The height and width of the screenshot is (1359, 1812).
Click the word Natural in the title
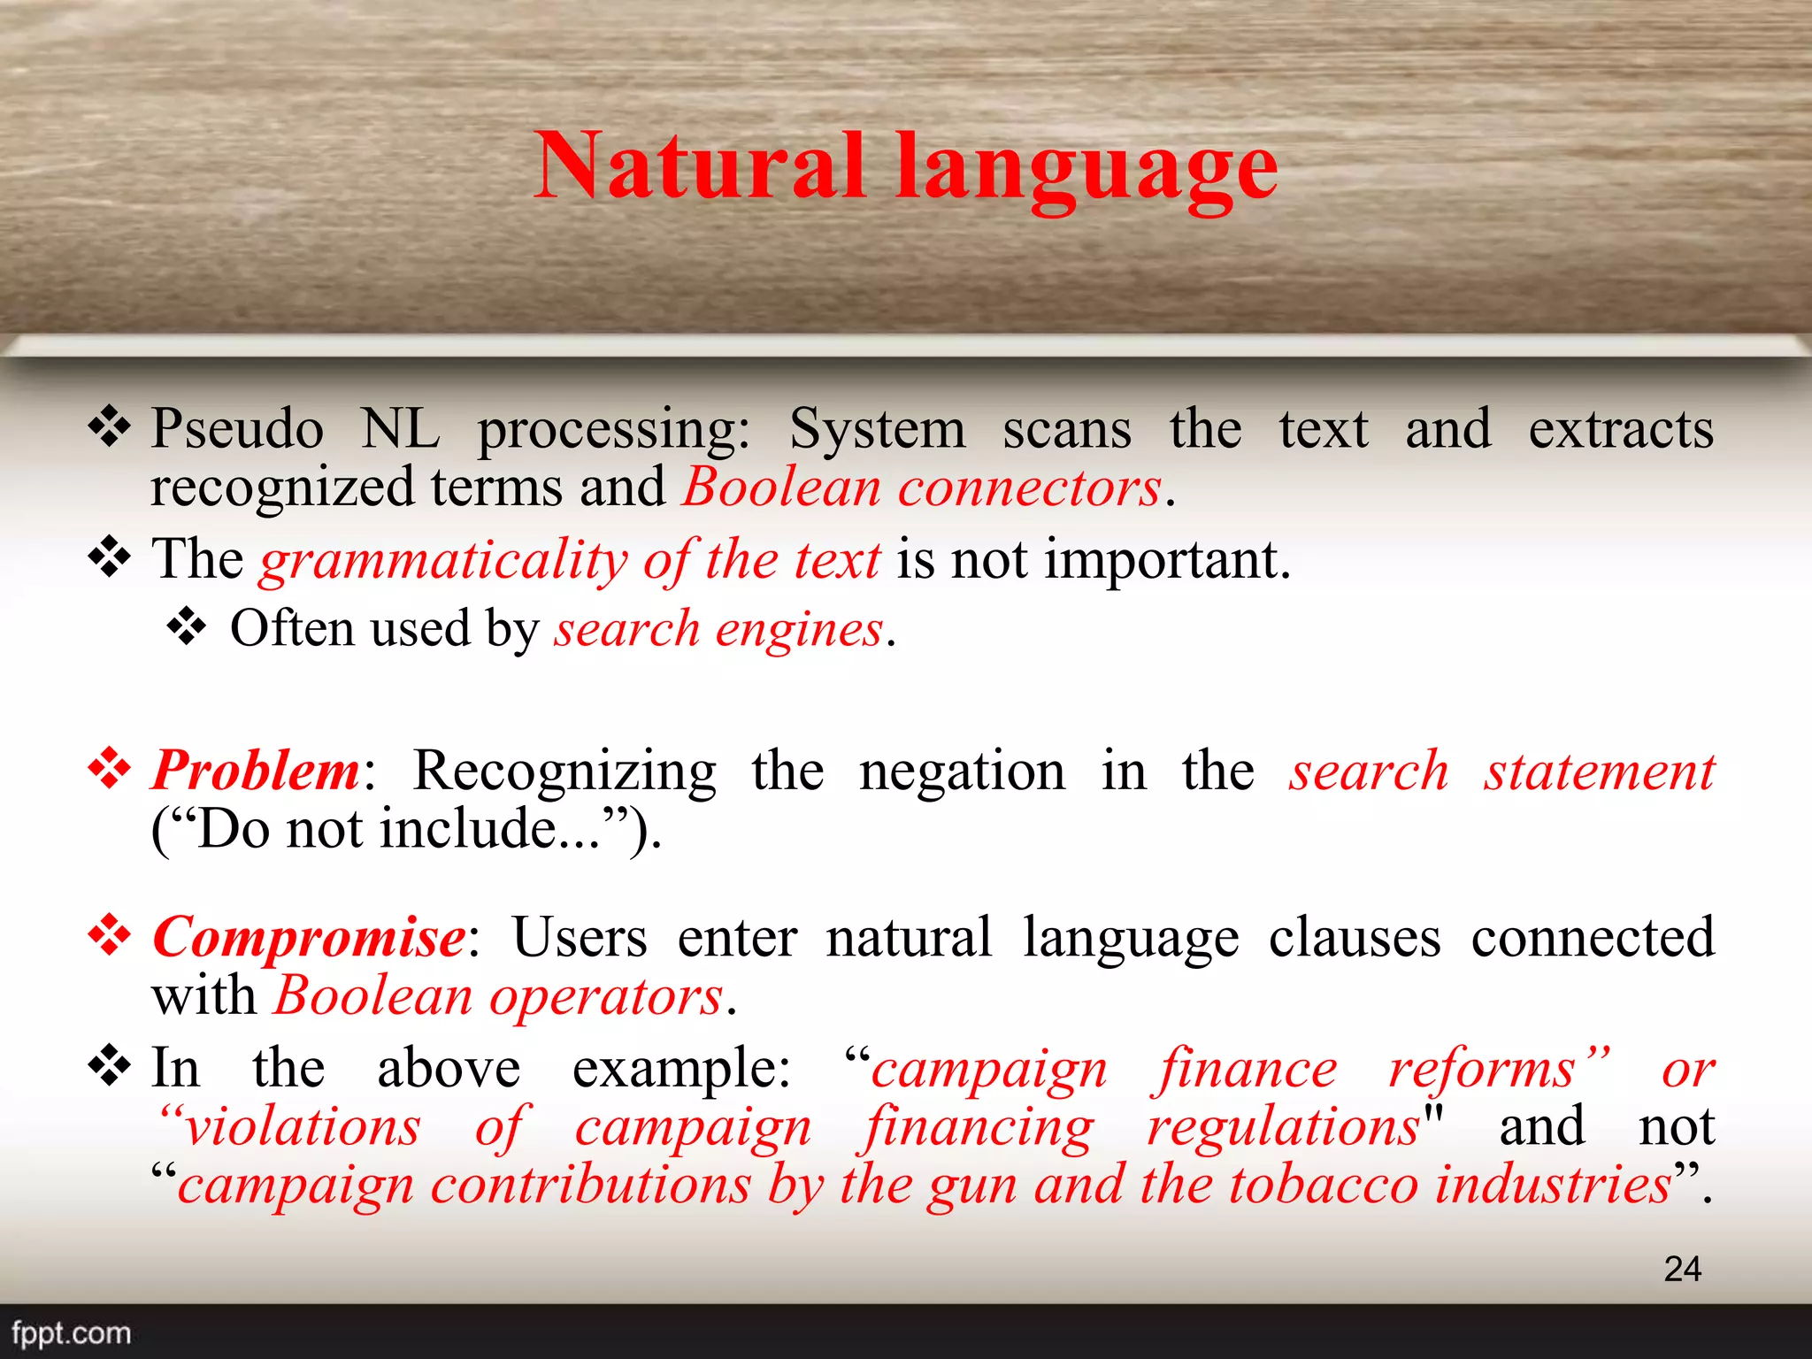[x=699, y=166]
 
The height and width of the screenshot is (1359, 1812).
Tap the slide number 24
[x=1682, y=1269]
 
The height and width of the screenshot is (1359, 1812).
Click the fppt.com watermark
[x=72, y=1332]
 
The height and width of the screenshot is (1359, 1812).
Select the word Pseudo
[x=237, y=429]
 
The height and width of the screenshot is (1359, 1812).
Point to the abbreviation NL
[x=400, y=429]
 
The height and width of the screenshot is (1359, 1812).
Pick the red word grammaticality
[x=443, y=562]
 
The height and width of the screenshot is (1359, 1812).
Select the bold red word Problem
[x=256, y=771]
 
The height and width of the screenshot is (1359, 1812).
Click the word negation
[x=963, y=771]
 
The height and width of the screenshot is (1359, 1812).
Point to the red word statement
[x=1600, y=771]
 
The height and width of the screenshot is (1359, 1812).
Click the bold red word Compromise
[x=309, y=937]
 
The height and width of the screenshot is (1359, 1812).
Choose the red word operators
[x=606, y=997]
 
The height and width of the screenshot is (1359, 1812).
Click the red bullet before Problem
[x=110, y=767]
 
